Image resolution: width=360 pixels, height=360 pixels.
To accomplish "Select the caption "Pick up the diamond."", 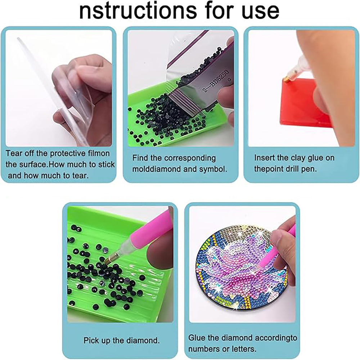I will coord(122,340).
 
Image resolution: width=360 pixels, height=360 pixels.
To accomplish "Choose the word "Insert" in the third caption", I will coord(265,158).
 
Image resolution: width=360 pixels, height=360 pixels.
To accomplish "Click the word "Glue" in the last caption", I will coord(197,338).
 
